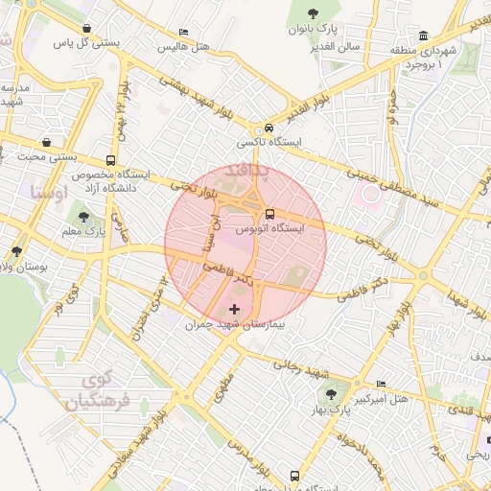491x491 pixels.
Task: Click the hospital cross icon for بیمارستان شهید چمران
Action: click(236, 310)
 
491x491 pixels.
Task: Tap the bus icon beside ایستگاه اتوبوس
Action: click(269, 214)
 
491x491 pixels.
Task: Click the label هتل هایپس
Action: click(184, 46)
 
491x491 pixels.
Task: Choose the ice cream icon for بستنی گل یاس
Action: click(88, 29)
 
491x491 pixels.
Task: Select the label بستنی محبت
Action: click(48, 156)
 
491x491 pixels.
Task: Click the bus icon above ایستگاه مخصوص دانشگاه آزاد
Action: click(112, 160)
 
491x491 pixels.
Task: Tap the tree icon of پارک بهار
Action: click(332, 394)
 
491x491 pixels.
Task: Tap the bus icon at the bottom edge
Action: click(294, 475)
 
